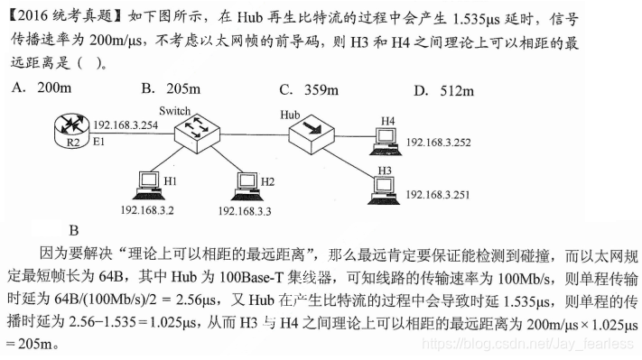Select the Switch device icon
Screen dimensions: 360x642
click(x=197, y=134)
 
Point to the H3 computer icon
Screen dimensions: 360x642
click(x=384, y=187)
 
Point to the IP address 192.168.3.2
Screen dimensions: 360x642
click(x=145, y=210)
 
